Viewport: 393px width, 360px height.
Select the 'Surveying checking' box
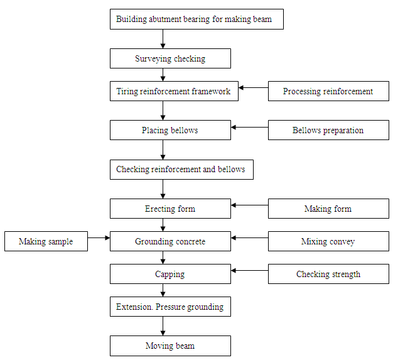[x=170, y=59]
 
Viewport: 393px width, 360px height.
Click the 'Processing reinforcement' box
[x=328, y=91]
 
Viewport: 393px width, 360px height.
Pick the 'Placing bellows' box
[x=170, y=130]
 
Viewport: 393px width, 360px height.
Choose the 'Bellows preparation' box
[x=328, y=130]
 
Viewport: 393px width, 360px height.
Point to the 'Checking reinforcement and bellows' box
[x=181, y=170]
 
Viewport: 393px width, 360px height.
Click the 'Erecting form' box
[x=170, y=209]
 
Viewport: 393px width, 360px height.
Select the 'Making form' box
[x=328, y=209]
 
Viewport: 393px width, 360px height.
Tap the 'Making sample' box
[x=46, y=241]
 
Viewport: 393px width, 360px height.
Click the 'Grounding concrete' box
[x=170, y=241]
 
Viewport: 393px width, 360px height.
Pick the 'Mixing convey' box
[x=328, y=241]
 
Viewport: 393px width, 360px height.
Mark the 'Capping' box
[x=170, y=274]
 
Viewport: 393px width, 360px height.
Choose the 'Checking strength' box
[x=328, y=274]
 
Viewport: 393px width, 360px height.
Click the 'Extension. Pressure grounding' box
[x=170, y=307]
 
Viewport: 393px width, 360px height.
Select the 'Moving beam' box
[x=170, y=346]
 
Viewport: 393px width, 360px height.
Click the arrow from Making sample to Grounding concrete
[x=99, y=238]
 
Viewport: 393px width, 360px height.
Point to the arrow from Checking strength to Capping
[x=250, y=271]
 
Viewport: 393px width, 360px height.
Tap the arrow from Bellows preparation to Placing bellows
[x=250, y=127]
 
